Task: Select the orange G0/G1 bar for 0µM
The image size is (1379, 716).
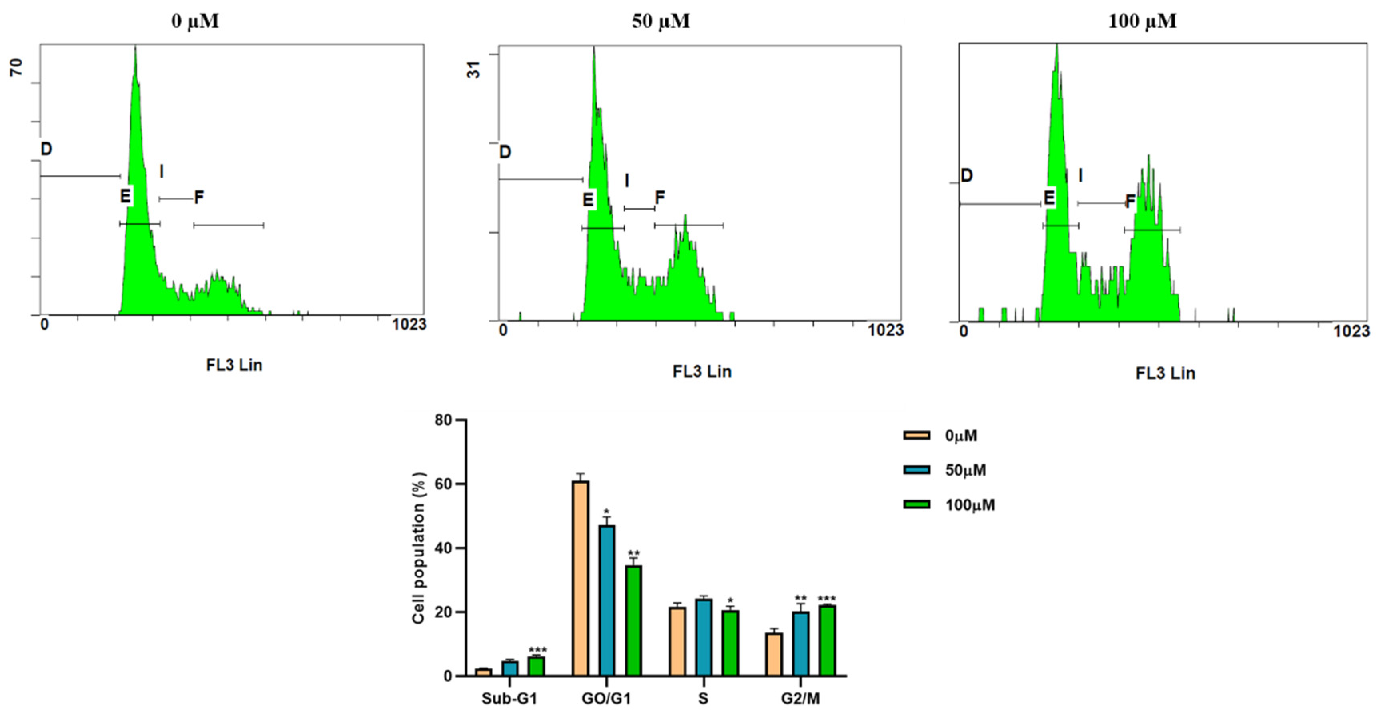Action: tap(580, 578)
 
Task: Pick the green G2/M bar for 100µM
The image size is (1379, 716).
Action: tap(827, 640)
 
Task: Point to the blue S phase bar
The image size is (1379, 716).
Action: tap(704, 637)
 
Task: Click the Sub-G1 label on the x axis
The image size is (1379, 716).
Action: tap(509, 698)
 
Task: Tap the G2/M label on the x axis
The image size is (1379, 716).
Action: tap(800, 698)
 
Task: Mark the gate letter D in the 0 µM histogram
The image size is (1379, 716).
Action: tap(46, 149)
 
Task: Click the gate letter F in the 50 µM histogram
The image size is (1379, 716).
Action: tap(660, 198)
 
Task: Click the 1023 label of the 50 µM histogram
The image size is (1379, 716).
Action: tap(886, 330)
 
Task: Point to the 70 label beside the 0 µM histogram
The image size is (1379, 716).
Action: tap(17, 67)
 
